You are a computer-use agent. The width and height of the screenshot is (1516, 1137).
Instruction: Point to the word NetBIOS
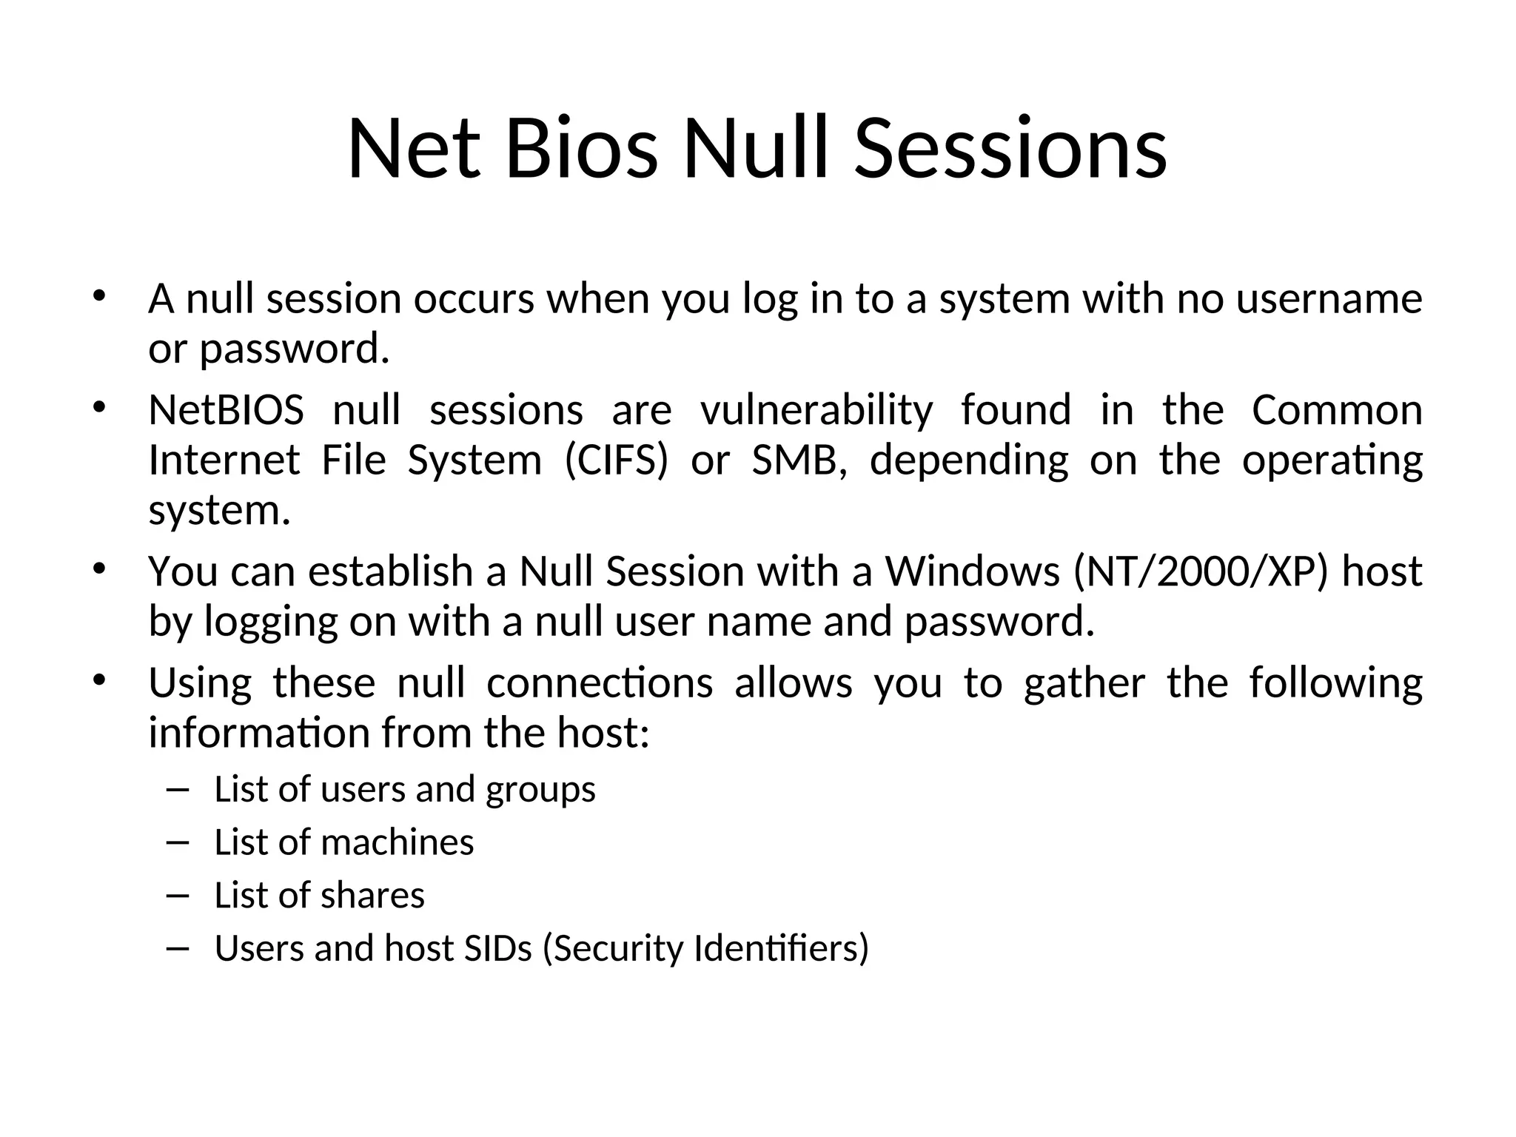pyautogui.click(x=226, y=410)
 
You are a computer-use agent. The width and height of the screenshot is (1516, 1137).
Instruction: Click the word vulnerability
pyautogui.click(x=816, y=412)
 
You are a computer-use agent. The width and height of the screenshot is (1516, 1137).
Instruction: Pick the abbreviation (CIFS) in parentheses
pyautogui.click(x=616, y=460)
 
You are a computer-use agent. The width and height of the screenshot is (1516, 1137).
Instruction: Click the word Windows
pyautogui.click(x=973, y=571)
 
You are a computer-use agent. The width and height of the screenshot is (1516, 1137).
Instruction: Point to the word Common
pyautogui.click(x=1337, y=410)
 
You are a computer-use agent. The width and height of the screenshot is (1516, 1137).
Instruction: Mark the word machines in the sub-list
pyautogui.click(x=397, y=842)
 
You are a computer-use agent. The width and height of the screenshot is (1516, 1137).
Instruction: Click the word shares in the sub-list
pyautogui.click(x=372, y=896)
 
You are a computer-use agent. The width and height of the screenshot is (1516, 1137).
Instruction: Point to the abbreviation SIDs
pyautogui.click(x=498, y=949)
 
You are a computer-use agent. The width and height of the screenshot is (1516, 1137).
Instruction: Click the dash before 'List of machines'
pyautogui.click(x=178, y=842)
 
